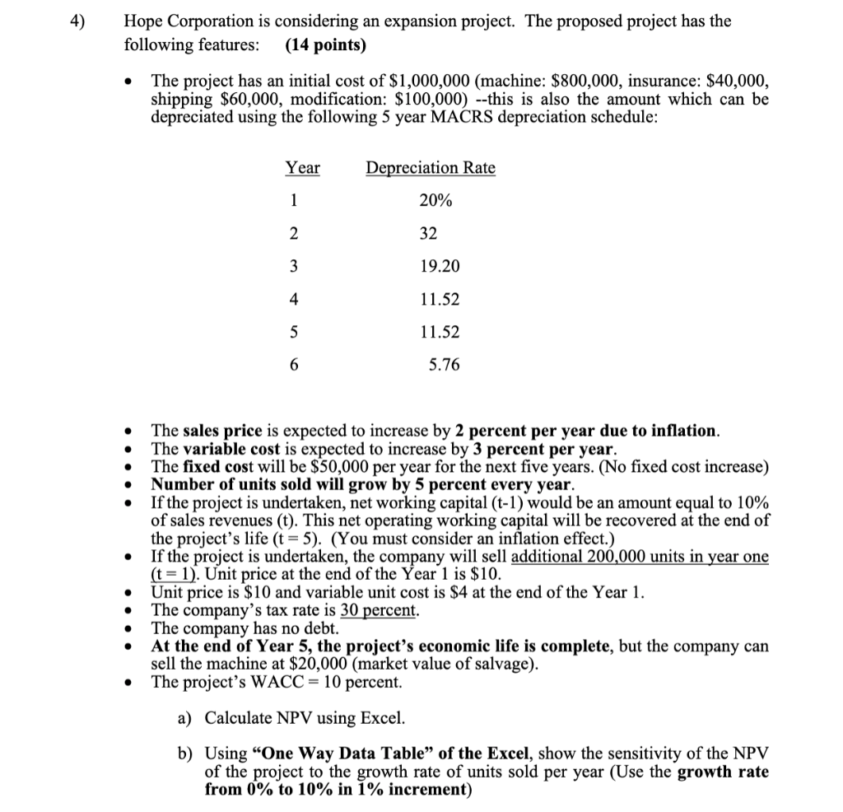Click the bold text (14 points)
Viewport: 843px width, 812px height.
click(x=325, y=44)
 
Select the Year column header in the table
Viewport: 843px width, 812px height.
click(x=302, y=168)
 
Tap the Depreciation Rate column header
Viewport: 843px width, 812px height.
click(x=431, y=168)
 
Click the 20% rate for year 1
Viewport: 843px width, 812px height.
click(x=435, y=201)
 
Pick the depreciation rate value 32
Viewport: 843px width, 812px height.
click(x=428, y=234)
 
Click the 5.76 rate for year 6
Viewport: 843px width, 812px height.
click(x=444, y=365)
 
